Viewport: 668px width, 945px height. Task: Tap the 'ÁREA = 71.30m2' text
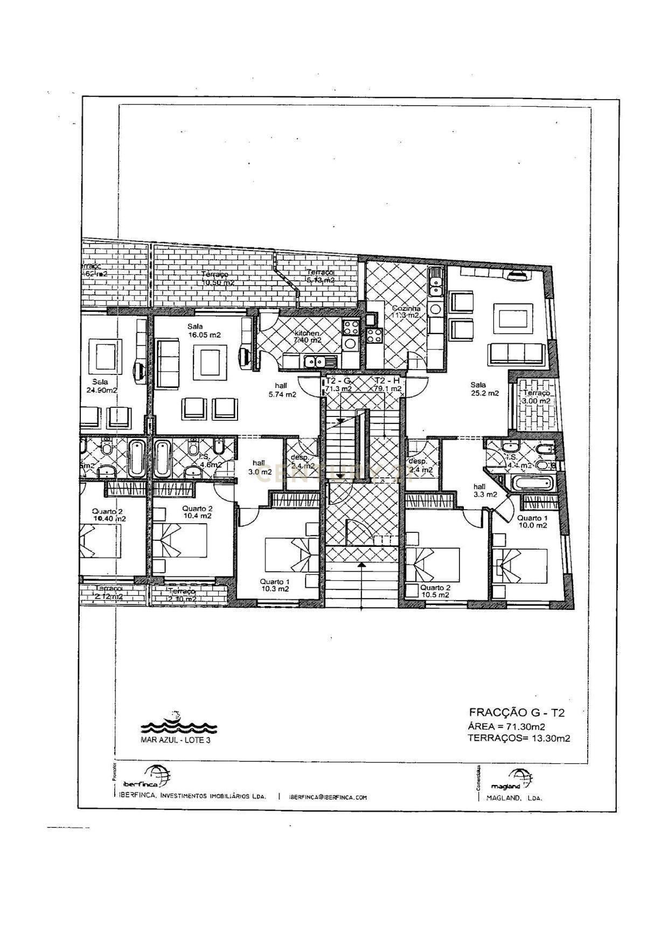(x=506, y=726)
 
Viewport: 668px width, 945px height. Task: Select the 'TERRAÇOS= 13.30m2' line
(x=519, y=738)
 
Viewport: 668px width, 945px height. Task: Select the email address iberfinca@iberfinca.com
(x=328, y=797)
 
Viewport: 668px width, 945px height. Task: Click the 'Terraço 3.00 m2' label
(x=536, y=397)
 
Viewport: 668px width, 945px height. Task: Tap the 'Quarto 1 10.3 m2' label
(x=275, y=585)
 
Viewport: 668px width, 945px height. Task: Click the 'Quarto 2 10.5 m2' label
(x=435, y=591)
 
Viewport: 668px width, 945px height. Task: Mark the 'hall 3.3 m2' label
(x=484, y=490)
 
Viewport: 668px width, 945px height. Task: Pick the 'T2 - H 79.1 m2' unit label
(x=387, y=384)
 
